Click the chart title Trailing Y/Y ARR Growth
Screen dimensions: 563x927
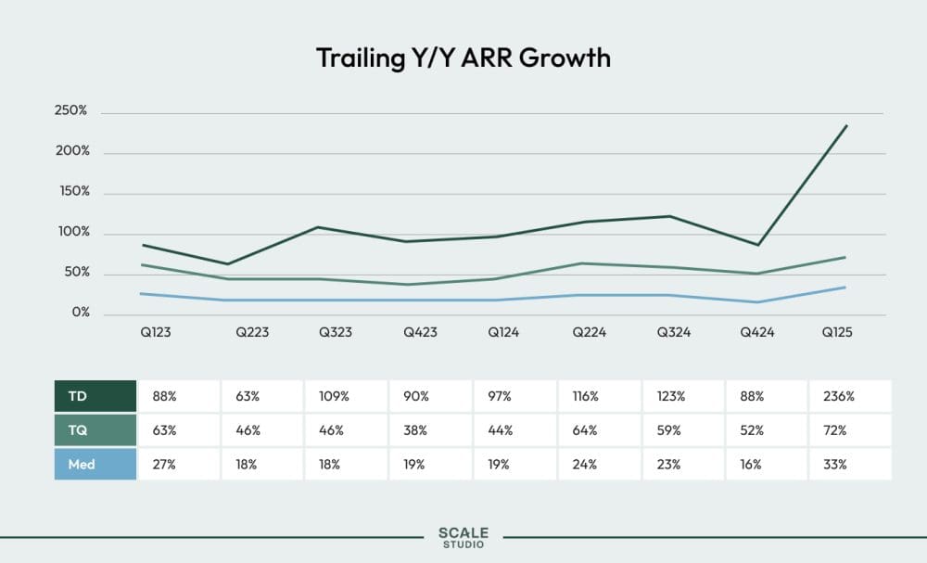click(463, 58)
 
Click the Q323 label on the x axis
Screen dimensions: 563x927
click(336, 332)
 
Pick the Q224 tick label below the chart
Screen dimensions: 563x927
click(589, 332)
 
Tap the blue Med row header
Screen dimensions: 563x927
click(82, 464)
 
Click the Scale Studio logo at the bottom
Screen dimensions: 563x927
click(463, 538)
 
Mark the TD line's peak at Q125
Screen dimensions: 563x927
click(846, 125)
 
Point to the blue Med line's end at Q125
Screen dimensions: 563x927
click(845, 288)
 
